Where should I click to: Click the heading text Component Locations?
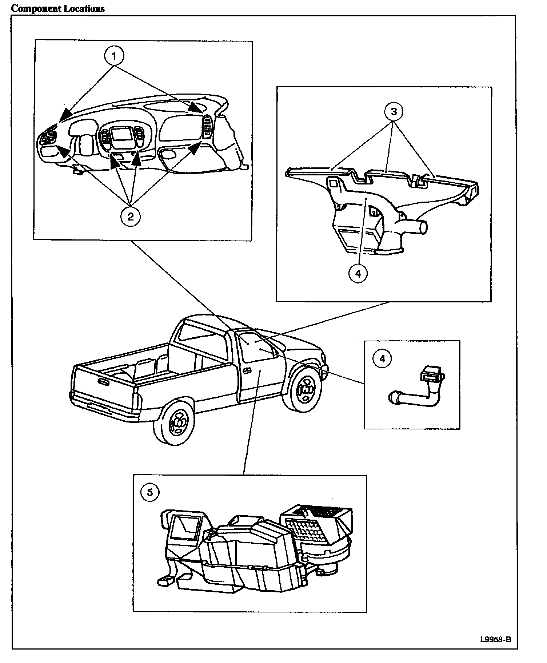coord(57,8)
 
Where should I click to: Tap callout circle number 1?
coord(114,56)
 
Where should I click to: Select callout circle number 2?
coord(130,216)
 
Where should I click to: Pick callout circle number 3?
coord(394,112)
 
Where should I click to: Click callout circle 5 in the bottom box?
coord(150,492)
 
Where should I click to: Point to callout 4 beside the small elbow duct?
coord(382,359)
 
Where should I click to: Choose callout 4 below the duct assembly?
coord(358,274)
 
